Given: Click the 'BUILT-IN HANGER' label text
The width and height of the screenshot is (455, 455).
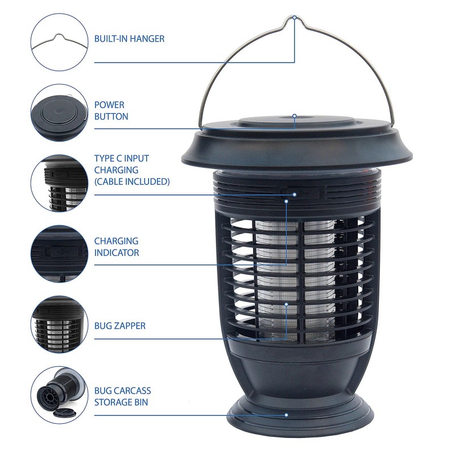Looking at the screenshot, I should pos(129,39).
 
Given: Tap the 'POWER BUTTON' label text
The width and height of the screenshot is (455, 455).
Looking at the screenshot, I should pos(111,110).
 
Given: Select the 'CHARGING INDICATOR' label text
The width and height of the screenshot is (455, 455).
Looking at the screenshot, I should pos(117,247).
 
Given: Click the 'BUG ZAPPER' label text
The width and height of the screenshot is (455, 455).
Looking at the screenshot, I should pos(119,326).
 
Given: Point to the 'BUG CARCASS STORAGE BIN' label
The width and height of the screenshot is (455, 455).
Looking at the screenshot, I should pos(122,397).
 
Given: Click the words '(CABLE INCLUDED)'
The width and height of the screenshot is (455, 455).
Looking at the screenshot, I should pos(132,181).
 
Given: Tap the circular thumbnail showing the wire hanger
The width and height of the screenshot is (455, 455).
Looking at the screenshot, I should pos(59,42).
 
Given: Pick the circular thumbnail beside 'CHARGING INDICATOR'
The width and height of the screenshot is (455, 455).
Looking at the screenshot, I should pos(59,254).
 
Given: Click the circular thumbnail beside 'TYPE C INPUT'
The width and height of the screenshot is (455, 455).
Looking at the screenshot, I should pos(59,183).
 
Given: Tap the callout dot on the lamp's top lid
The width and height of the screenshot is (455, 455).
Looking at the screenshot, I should pos(295,116).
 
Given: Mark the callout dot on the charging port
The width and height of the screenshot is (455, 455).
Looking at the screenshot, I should pos(295,195).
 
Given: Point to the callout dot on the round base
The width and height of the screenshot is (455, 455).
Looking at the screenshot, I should pos(287,415).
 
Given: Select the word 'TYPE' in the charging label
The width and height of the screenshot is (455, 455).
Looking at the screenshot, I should pos(105,158).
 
